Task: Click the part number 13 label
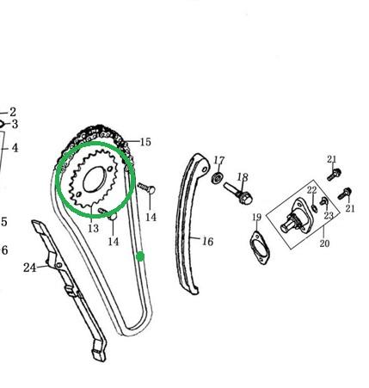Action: click(93, 228)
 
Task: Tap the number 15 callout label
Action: click(145, 142)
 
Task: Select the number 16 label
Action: click(207, 242)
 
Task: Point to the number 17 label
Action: click(219, 160)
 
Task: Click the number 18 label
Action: click(243, 177)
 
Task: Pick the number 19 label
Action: click(257, 217)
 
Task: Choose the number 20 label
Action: click(324, 243)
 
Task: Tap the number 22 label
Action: click(312, 190)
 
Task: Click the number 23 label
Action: click(329, 215)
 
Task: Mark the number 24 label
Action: click(30, 268)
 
